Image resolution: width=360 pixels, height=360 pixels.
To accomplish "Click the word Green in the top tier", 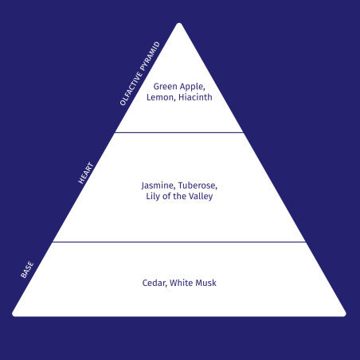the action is [x=165, y=87].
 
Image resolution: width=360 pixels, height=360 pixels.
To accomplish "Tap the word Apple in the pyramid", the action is [x=192, y=87].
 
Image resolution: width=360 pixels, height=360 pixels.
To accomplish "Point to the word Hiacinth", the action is [x=195, y=97].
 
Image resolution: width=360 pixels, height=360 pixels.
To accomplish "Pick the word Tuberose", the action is [x=198, y=186].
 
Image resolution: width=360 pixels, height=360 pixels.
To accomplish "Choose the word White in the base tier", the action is [x=182, y=283].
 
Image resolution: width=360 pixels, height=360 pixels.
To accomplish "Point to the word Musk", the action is [x=205, y=283].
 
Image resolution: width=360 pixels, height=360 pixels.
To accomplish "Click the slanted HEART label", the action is [x=86, y=173].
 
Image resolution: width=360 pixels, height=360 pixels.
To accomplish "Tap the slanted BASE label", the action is [x=27, y=270].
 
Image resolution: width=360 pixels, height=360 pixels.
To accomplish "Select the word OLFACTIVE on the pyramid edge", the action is [x=131, y=88].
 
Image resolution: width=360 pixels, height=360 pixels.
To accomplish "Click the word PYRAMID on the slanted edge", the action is [x=151, y=56].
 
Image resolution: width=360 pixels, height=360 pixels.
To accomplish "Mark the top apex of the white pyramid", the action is [x=179, y=23].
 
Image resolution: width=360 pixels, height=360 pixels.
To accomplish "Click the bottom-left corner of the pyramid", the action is [x=14, y=315].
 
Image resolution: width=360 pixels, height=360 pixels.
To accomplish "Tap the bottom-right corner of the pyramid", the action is [x=345, y=315].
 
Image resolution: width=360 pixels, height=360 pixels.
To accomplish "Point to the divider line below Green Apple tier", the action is [x=179, y=132].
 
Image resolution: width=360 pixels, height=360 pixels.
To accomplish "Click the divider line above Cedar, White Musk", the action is [x=179, y=242].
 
